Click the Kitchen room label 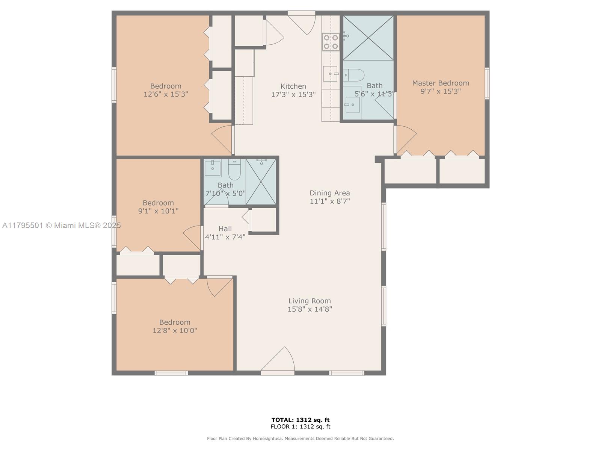[293, 86]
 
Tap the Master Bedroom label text [441, 83]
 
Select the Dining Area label [330, 193]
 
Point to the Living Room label [310, 301]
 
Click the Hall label [225, 229]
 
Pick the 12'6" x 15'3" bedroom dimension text [166, 94]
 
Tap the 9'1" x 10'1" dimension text [158, 211]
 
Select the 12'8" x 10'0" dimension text [175, 330]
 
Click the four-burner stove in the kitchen [331, 42]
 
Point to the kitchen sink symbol [330, 74]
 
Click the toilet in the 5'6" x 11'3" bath [354, 75]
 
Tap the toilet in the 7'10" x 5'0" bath [234, 170]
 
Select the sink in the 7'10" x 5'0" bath [213, 168]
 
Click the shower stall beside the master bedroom [368, 38]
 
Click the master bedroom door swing [406, 139]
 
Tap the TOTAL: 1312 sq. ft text [300, 420]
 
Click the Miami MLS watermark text [61, 225]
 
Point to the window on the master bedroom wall [487, 83]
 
